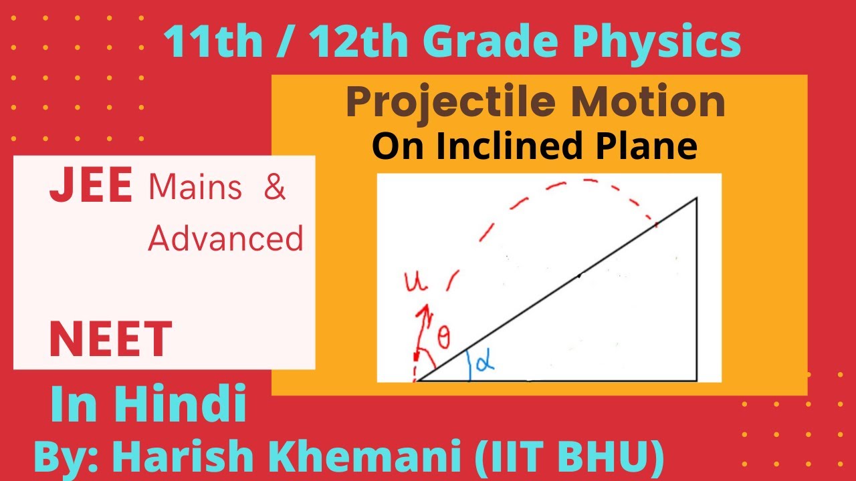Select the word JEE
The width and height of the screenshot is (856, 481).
tap(90, 188)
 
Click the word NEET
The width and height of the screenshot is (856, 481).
tap(110, 339)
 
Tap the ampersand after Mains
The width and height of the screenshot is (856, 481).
tap(274, 188)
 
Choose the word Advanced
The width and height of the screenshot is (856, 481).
tap(225, 238)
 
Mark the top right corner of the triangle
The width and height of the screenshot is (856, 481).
tap(697, 198)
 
